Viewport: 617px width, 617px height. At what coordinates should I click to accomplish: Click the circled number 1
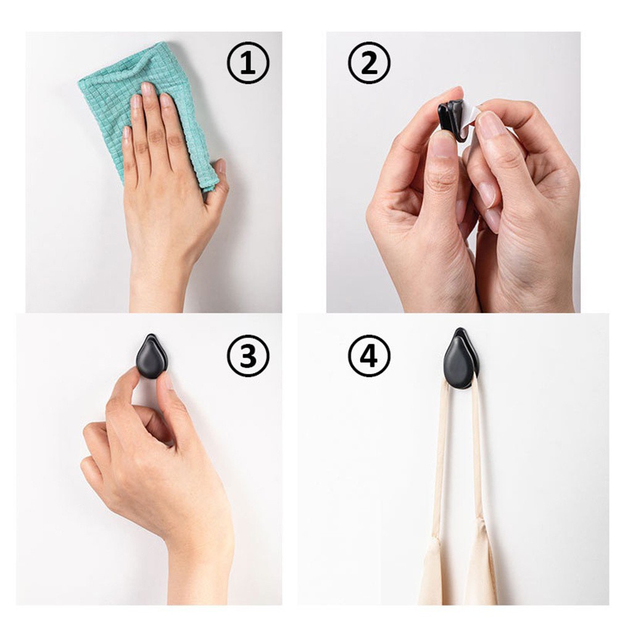tap(248, 62)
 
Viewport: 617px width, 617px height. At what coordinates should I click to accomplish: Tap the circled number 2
tap(369, 62)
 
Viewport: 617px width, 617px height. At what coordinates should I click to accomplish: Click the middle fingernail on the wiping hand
tap(148, 89)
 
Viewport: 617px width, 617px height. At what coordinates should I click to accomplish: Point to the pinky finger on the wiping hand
tap(128, 154)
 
